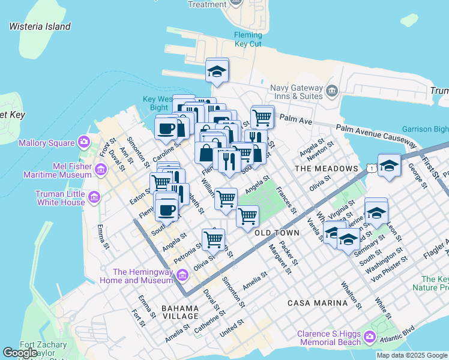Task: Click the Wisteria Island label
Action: coord(40,26)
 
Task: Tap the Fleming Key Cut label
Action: coord(248,40)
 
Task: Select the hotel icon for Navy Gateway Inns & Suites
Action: coord(332,90)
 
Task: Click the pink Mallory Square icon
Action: coord(83,143)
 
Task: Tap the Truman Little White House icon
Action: coord(94,197)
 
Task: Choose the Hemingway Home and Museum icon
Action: coord(183,275)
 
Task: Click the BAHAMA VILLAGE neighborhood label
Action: coord(180,312)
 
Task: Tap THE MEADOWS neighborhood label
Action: coord(327,169)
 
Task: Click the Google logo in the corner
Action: coord(20,353)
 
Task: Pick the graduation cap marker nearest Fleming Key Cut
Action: coord(217,71)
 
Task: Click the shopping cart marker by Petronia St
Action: coord(213,239)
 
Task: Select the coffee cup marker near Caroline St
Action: coord(166,127)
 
